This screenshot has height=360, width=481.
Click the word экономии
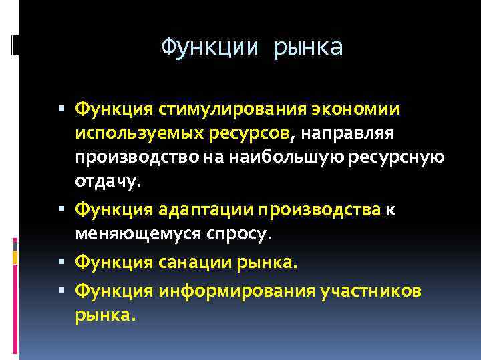point(356,109)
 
